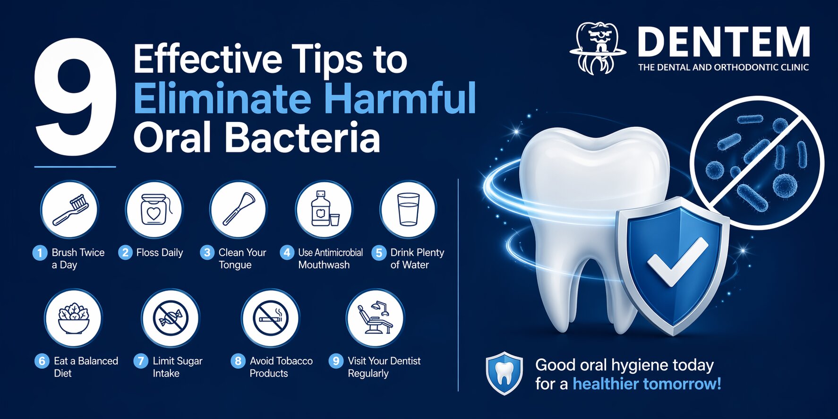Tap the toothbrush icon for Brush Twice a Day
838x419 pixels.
pyautogui.click(x=69, y=209)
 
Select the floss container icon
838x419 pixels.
pyautogui.click(x=154, y=209)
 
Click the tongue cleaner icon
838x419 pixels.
pyautogui.click(x=239, y=209)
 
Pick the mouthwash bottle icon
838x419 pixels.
pyautogui.click(x=324, y=209)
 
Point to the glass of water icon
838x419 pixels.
pyautogui.click(x=409, y=209)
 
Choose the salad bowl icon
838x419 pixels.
pyautogui.click(x=73, y=318)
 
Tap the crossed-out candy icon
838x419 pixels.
pyautogui.click(x=171, y=318)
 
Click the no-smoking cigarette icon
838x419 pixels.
pyautogui.click(x=270, y=318)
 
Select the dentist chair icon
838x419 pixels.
pyautogui.click(x=375, y=318)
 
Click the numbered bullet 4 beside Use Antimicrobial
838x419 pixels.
pyautogui.click(x=287, y=253)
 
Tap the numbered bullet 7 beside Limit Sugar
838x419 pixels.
pyautogui.click(x=141, y=361)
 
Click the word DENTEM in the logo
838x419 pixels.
pyautogui.click(x=724, y=42)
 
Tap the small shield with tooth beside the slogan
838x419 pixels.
pyautogui.click(x=505, y=373)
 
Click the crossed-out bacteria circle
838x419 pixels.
pyautogui.click(x=757, y=163)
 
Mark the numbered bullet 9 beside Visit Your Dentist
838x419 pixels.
pyautogui.click(x=336, y=361)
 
